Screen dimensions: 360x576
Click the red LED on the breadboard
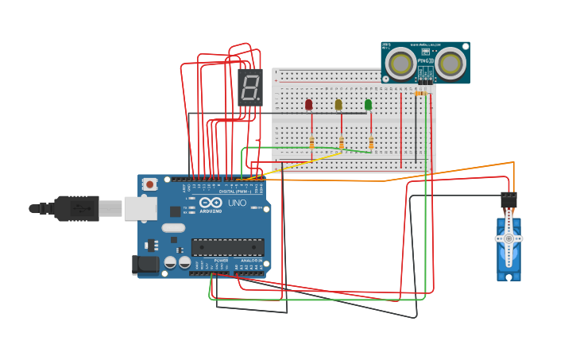(308, 104)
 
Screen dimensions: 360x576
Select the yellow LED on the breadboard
(338, 104)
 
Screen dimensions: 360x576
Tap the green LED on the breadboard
(368, 104)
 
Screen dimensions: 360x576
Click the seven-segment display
(250, 87)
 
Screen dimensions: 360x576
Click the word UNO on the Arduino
(238, 203)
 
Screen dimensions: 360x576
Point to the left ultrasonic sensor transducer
(401, 64)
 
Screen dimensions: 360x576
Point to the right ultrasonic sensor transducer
(450, 64)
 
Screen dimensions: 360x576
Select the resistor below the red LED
(311, 142)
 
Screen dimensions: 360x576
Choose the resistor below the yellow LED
(342, 143)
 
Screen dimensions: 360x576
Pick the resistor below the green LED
(371, 142)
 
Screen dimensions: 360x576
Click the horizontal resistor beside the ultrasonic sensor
(420, 92)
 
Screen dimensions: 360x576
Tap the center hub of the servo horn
(508, 238)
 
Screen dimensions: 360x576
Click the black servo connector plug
(508, 199)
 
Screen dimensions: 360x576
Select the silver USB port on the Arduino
(140, 208)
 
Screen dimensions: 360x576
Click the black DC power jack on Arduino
(145, 265)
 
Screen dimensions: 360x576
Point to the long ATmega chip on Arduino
(227, 247)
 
